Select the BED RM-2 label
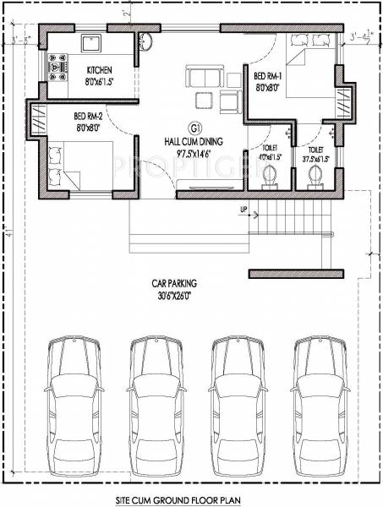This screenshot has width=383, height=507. point(89,116)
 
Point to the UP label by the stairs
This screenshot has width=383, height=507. point(243,210)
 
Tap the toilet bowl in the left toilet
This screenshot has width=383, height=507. point(270,176)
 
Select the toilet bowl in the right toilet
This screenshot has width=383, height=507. point(316,176)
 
